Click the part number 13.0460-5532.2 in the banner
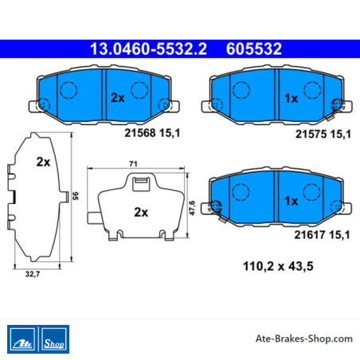point(148,49)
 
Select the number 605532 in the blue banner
point(254,49)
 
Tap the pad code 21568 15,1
point(152,133)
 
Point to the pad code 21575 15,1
point(323,134)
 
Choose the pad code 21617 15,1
point(322,235)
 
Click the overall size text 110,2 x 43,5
point(278,266)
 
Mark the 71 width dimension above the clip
point(133,164)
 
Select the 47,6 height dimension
point(192,208)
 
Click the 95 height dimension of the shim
point(76,196)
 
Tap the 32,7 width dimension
point(33,274)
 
